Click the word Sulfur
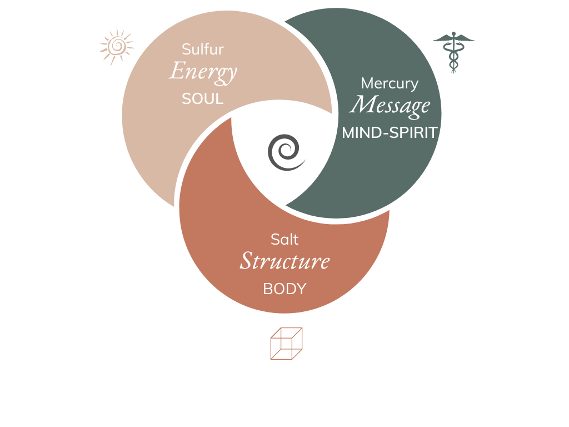pyautogui.click(x=203, y=49)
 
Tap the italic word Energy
pyautogui.click(x=203, y=72)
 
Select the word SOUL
pyautogui.click(x=203, y=99)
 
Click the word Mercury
pyautogui.click(x=390, y=83)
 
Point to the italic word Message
pyautogui.click(x=390, y=105)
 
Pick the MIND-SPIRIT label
pyautogui.click(x=390, y=133)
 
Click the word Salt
pyautogui.click(x=284, y=240)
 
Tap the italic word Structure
pyautogui.click(x=284, y=261)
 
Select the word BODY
pyautogui.click(x=284, y=289)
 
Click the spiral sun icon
pyautogui.click(x=116, y=46)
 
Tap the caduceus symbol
pyautogui.click(x=453, y=53)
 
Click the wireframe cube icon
pyautogui.click(x=286, y=343)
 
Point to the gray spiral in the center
pyautogui.click(x=286, y=153)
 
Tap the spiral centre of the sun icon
pyautogui.click(x=116, y=46)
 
